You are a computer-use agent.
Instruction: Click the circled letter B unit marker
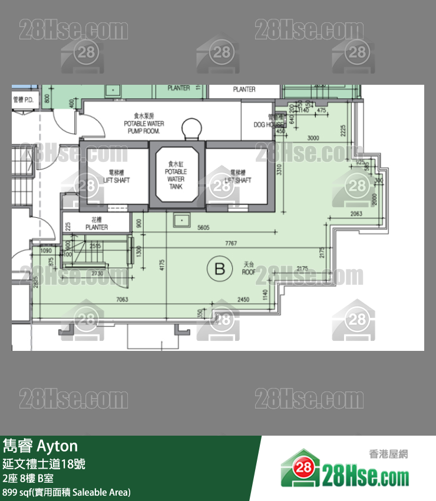tap(220, 269)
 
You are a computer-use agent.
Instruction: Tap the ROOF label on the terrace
tap(249, 269)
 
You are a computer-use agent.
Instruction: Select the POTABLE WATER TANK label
tap(176, 175)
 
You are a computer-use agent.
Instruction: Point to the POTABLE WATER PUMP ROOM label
tap(144, 124)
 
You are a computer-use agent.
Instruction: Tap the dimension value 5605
tap(204, 227)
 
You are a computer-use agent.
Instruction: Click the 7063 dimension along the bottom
tap(121, 300)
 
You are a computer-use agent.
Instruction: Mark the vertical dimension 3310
tap(280, 170)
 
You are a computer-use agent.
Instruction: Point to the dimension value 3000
tap(313, 138)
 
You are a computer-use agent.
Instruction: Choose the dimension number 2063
tap(356, 214)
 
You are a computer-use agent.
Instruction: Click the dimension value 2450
tap(244, 300)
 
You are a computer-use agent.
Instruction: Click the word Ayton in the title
tap(57, 445)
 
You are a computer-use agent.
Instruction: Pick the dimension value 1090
tap(46, 251)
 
